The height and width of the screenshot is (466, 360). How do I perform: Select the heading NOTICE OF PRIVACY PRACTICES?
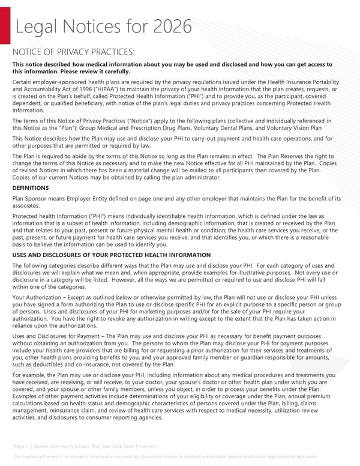tap(74, 52)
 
